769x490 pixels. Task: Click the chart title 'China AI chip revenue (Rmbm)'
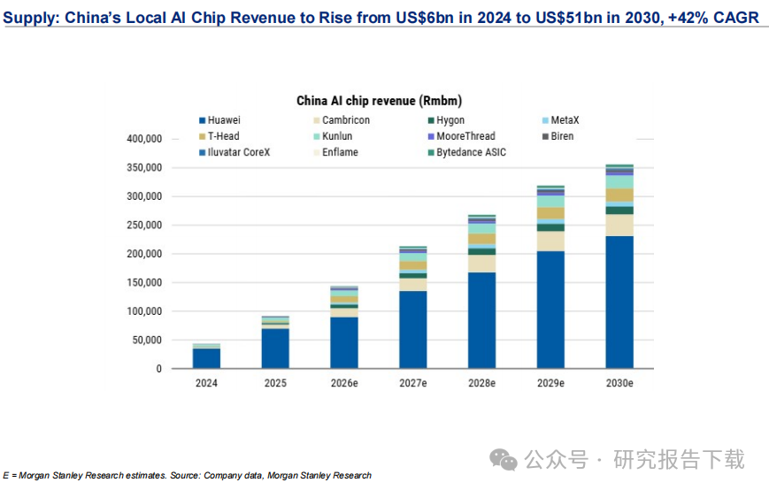pos(379,101)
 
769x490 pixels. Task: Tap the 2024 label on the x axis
pos(206,383)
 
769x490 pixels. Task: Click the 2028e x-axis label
pos(481,383)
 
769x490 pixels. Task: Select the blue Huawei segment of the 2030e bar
pos(619,302)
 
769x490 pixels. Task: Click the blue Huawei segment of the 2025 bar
pos(275,348)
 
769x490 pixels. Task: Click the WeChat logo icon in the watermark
pos(504,460)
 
